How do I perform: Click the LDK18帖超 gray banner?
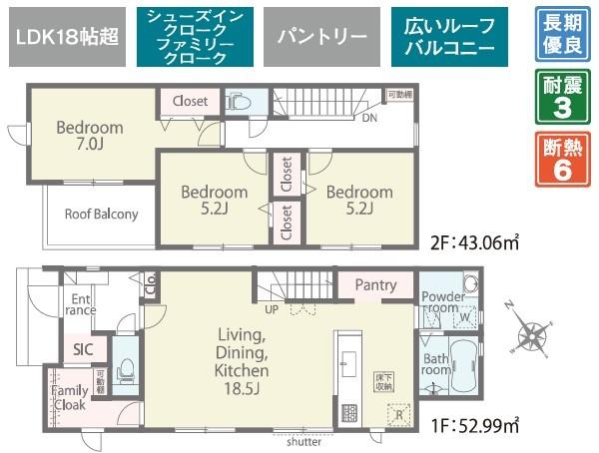pos(65,38)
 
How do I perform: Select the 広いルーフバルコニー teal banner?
pos(449,38)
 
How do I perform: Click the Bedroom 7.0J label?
pos(89,137)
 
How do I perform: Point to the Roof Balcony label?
pos(101,214)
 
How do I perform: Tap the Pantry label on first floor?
pos(374,285)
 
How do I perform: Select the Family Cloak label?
pos(69,398)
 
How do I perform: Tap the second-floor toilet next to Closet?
pos(238,102)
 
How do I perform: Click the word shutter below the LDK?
pos(303,440)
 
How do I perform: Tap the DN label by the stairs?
pos(369,117)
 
